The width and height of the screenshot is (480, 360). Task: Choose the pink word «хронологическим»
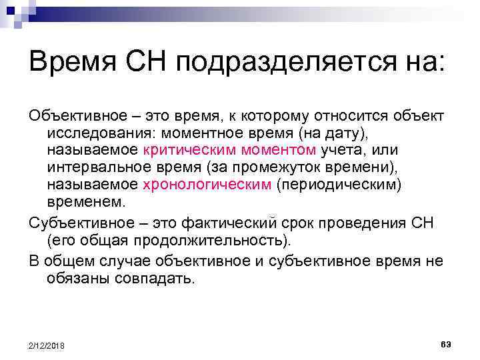click(x=206, y=185)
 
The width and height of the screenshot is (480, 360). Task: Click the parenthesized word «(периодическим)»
click(x=335, y=185)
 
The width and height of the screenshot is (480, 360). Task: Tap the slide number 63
click(x=446, y=343)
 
